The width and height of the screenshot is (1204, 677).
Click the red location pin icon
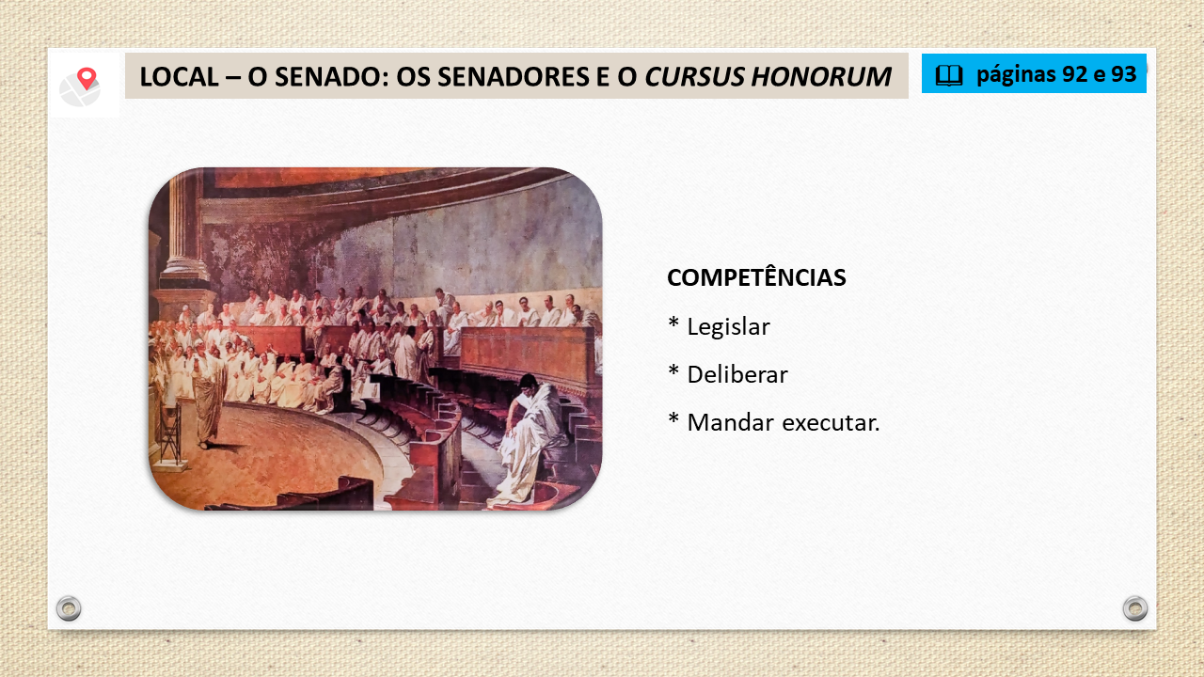tap(87, 78)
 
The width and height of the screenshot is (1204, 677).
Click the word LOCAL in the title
tap(179, 76)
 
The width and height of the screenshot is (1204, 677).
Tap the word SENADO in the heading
tap(330, 76)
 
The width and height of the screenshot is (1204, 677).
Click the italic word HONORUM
tap(821, 76)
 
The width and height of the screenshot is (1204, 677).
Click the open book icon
tap(949, 75)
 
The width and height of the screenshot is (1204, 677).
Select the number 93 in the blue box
tap(1123, 74)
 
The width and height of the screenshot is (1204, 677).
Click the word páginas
tap(1015, 76)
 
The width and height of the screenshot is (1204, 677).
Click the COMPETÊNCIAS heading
tap(756, 277)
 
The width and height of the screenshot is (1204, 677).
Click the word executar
tap(831, 423)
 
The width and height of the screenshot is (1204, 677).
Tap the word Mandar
tap(731, 422)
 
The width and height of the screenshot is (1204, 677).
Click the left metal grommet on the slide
tap(69, 608)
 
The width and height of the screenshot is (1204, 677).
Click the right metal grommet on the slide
tap(1135, 608)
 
